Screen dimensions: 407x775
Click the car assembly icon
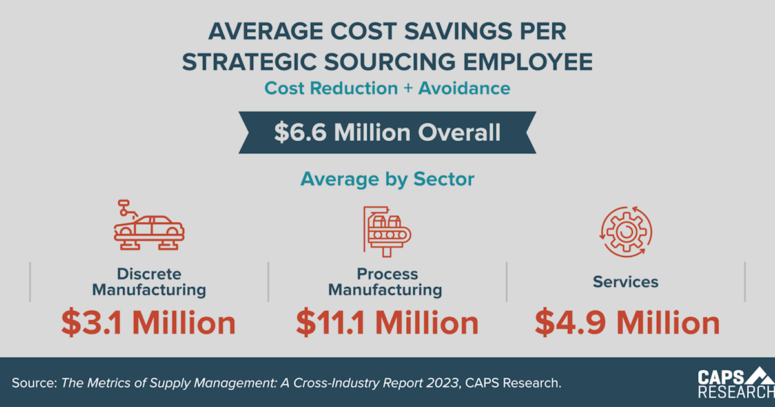coord(149,225)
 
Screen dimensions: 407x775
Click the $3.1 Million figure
coord(149,323)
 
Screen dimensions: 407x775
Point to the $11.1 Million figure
coord(387,323)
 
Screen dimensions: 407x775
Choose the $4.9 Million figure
coord(626,323)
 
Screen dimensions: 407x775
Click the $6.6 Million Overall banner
coord(387,132)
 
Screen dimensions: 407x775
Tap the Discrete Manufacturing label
coord(149,282)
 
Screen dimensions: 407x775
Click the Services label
coord(626,282)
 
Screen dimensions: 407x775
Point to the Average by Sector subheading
coord(387,179)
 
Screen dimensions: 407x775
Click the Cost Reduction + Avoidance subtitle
coord(387,87)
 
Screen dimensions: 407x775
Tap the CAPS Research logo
coord(736,383)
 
